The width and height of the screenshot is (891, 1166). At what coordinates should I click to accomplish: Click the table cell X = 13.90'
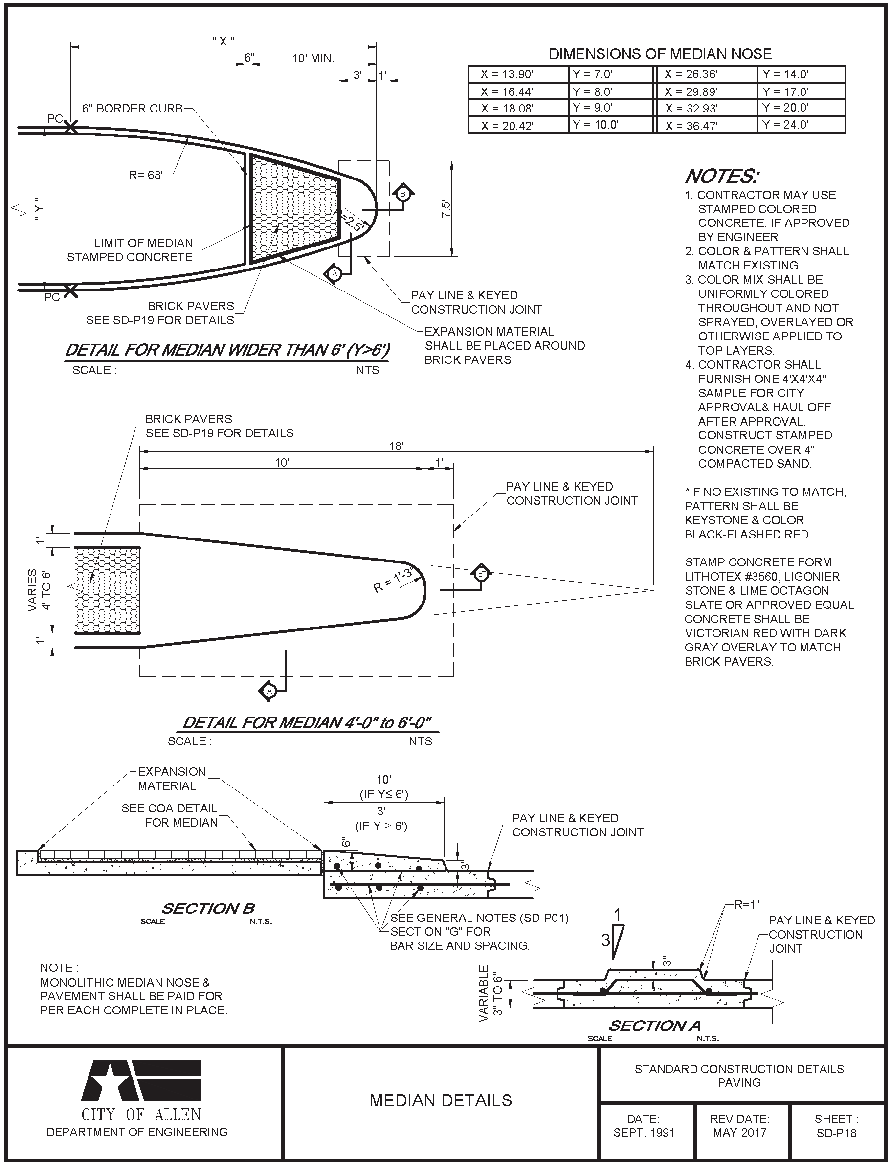point(507,75)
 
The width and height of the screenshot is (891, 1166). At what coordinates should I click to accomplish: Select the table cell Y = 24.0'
point(785,125)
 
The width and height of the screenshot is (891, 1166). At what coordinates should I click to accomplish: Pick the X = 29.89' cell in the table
point(691,92)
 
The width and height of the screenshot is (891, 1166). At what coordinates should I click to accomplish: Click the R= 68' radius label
point(146,175)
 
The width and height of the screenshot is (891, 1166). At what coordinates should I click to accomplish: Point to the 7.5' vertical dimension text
point(446,208)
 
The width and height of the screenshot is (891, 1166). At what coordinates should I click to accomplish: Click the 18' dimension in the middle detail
point(396,446)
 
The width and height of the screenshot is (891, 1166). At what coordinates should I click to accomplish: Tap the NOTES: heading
point(722,176)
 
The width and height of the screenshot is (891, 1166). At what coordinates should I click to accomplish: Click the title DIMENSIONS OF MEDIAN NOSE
point(660,54)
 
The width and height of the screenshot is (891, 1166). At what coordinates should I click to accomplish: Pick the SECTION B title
point(208,909)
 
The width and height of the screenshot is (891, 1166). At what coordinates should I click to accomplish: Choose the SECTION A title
point(654,1026)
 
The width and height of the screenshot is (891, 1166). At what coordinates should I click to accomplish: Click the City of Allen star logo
point(140,1081)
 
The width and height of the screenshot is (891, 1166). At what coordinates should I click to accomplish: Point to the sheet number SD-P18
point(836,1133)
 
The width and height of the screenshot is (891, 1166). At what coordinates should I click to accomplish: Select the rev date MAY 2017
point(739,1133)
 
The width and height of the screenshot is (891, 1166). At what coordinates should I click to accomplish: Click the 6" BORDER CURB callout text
point(132,109)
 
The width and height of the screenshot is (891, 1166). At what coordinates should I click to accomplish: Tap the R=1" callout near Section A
point(747,905)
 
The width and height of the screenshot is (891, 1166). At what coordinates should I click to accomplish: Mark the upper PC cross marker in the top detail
point(70,127)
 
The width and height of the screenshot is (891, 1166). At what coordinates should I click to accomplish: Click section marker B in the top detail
point(402,194)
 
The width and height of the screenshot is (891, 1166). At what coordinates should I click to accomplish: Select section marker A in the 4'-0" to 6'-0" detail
point(269,691)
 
